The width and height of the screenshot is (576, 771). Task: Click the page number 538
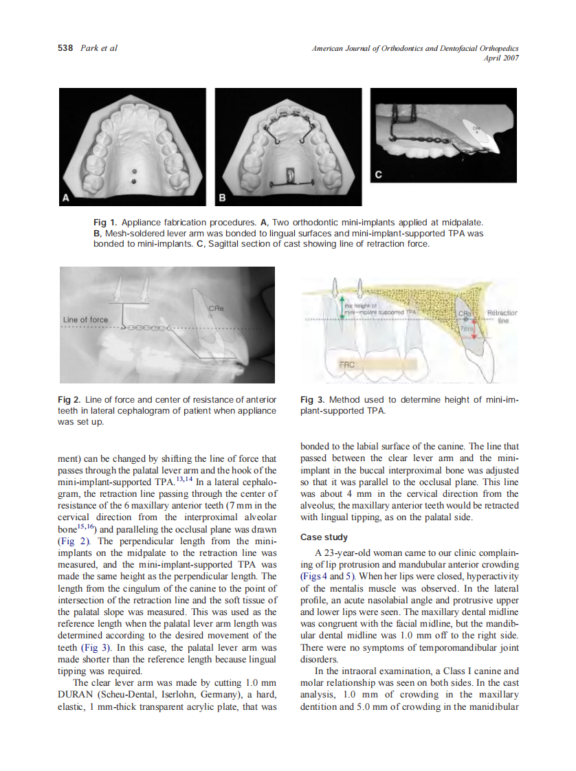click(x=66, y=48)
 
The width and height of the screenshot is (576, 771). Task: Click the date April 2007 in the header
click(x=501, y=58)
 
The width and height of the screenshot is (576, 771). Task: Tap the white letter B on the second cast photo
click(x=222, y=198)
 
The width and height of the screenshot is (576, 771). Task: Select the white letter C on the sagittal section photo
click(x=377, y=175)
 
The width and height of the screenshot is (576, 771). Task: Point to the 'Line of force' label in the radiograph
click(x=85, y=320)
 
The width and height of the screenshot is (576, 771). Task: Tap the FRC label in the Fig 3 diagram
click(x=346, y=365)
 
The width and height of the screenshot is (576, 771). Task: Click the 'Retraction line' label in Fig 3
click(x=501, y=317)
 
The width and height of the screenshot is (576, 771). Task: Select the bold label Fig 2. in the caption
click(x=69, y=400)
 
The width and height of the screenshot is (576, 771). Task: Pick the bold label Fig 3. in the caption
click(x=313, y=400)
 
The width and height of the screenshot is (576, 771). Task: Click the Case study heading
click(x=324, y=537)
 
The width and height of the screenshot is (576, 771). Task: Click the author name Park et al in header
click(x=99, y=48)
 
